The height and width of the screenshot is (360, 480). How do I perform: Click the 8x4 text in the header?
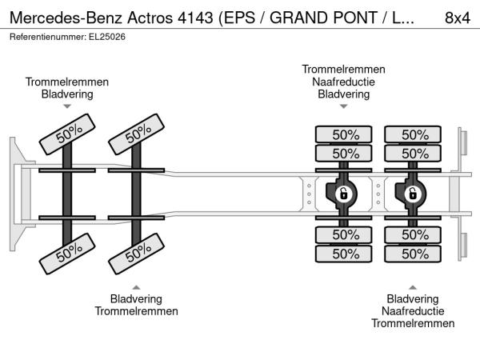[457, 17]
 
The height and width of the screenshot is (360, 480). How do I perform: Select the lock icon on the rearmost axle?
[414, 194]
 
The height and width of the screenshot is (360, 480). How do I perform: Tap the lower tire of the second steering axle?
[138, 254]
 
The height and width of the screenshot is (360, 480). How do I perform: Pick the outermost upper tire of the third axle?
[344, 134]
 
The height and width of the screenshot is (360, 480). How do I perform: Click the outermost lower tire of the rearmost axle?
[414, 254]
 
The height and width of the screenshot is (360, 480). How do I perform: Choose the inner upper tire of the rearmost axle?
[414, 153]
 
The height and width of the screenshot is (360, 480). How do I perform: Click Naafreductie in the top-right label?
[343, 82]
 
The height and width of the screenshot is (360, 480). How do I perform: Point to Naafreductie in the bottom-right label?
[413, 311]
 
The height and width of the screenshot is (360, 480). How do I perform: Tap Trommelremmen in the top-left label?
[67, 82]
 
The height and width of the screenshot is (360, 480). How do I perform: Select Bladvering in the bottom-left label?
[137, 298]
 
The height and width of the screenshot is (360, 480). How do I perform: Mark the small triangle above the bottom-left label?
[137, 286]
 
